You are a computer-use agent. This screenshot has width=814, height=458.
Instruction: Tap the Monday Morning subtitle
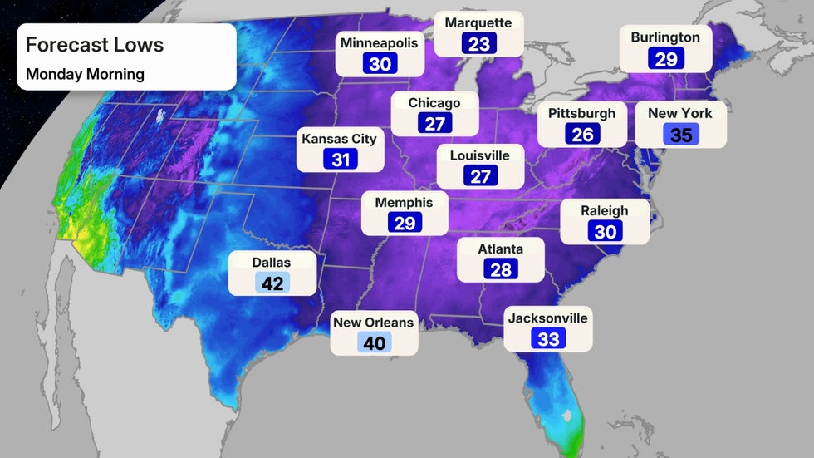pos(85,74)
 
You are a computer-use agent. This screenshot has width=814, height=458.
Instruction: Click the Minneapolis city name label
pos(380,43)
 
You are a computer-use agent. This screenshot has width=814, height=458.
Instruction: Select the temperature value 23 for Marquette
pos(479,43)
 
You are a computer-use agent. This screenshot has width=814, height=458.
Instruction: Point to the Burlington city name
pos(665,37)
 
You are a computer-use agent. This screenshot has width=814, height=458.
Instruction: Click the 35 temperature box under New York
pos(681,134)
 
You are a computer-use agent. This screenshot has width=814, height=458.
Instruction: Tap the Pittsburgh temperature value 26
pos(582,134)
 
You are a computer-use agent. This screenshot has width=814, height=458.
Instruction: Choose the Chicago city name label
pos(434,103)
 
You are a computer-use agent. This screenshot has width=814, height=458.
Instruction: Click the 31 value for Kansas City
pos(341,159)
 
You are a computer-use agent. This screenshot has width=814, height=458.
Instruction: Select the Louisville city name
pos(480,155)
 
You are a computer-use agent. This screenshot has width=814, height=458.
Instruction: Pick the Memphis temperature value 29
pos(405,222)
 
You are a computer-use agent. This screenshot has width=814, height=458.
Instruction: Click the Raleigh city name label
pos(606,211)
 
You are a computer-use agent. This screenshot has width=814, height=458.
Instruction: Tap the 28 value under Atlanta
pos(501,268)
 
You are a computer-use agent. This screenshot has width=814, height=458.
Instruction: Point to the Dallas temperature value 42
pos(272,283)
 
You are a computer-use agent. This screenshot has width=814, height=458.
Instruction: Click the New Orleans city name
pos(374,323)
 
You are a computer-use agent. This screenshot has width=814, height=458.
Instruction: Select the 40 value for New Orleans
pos(375,342)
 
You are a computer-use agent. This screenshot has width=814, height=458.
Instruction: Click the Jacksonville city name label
pos(548,318)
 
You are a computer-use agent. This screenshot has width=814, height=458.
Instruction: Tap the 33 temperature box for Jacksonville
pos(548,337)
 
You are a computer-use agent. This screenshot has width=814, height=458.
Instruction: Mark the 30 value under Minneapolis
pos(380,64)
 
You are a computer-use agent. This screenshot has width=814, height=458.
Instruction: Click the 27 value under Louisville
pos(480,175)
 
